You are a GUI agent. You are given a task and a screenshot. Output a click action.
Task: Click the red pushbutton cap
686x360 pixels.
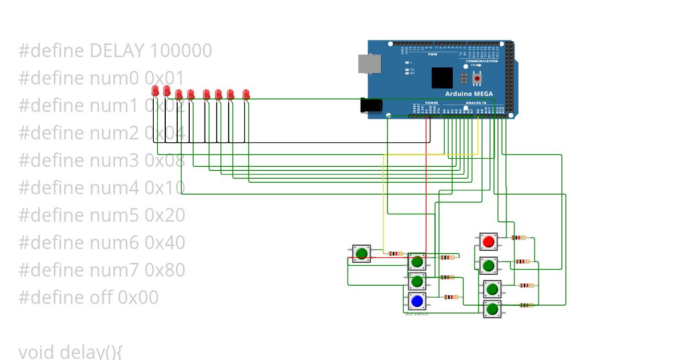tap(488, 242)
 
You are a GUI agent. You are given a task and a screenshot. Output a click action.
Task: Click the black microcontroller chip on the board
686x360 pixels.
tap(442, 78)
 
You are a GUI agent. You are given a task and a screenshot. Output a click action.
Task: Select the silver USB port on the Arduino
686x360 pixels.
tap(368, 64)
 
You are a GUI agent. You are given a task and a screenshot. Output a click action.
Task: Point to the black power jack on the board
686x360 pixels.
tap(371, 106)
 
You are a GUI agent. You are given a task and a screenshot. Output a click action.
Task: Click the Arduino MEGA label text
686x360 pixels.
tap(469, 94)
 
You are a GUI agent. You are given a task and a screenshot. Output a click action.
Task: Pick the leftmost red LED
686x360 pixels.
tap(155, 91)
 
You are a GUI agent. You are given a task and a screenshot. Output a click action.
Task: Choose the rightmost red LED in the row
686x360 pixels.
tap(246, 94)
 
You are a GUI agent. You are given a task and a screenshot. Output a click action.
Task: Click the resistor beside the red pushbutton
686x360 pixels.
tap(519, 237)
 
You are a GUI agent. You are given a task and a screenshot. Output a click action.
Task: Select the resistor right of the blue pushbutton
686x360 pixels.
tap(451, 297)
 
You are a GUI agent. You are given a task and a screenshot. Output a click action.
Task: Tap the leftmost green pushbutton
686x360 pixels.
tap(361, 253)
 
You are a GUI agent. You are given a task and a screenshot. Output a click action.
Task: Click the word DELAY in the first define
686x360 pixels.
tap(117, 51)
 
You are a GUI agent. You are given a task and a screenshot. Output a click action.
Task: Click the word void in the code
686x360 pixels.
tap(37, 351)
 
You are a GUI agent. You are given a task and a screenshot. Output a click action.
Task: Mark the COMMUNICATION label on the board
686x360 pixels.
tap(482, 61)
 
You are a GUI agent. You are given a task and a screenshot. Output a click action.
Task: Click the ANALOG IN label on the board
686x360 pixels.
tap(476, 103)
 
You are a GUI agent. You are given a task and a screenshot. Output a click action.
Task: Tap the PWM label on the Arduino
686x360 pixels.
tap(440, 54)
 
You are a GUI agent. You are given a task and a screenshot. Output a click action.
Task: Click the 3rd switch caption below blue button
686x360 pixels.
tap(417, 314)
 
